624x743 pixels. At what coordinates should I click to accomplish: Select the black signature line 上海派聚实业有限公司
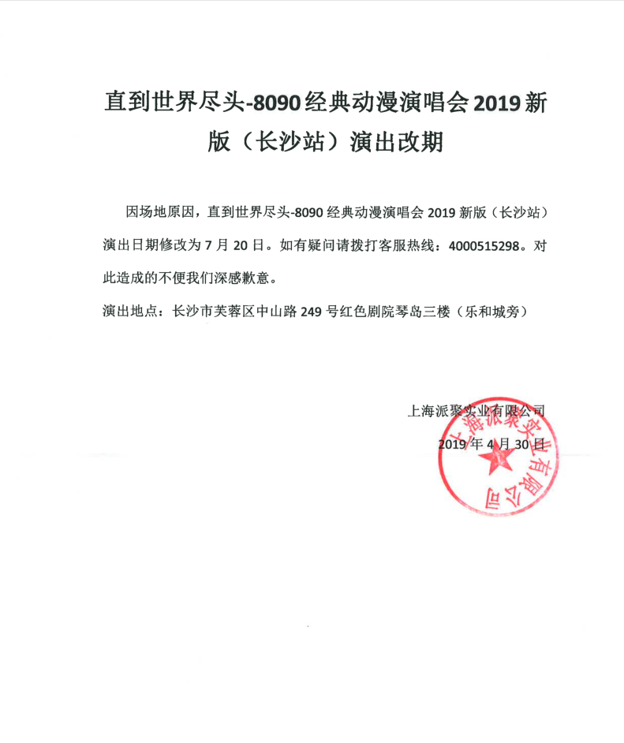coord(475,411)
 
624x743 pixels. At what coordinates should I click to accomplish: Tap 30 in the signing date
coord(523,444)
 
